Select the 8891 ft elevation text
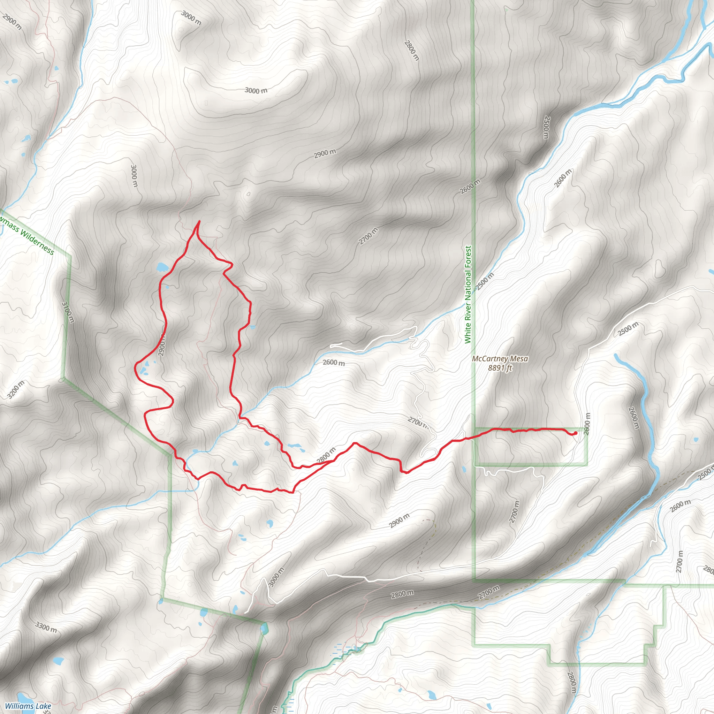[x=500, y=368]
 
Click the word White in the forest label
[x=468, y=333]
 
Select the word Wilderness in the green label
[x=37, y=243]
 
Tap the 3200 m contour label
[x=16, y=389]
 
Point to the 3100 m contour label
[x=68, y=312]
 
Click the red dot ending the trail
[x=575, y=433]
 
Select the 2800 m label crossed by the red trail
[x=326, y=456]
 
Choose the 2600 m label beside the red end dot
[x=587, y=424]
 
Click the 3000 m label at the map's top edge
[x=191, y=18]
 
